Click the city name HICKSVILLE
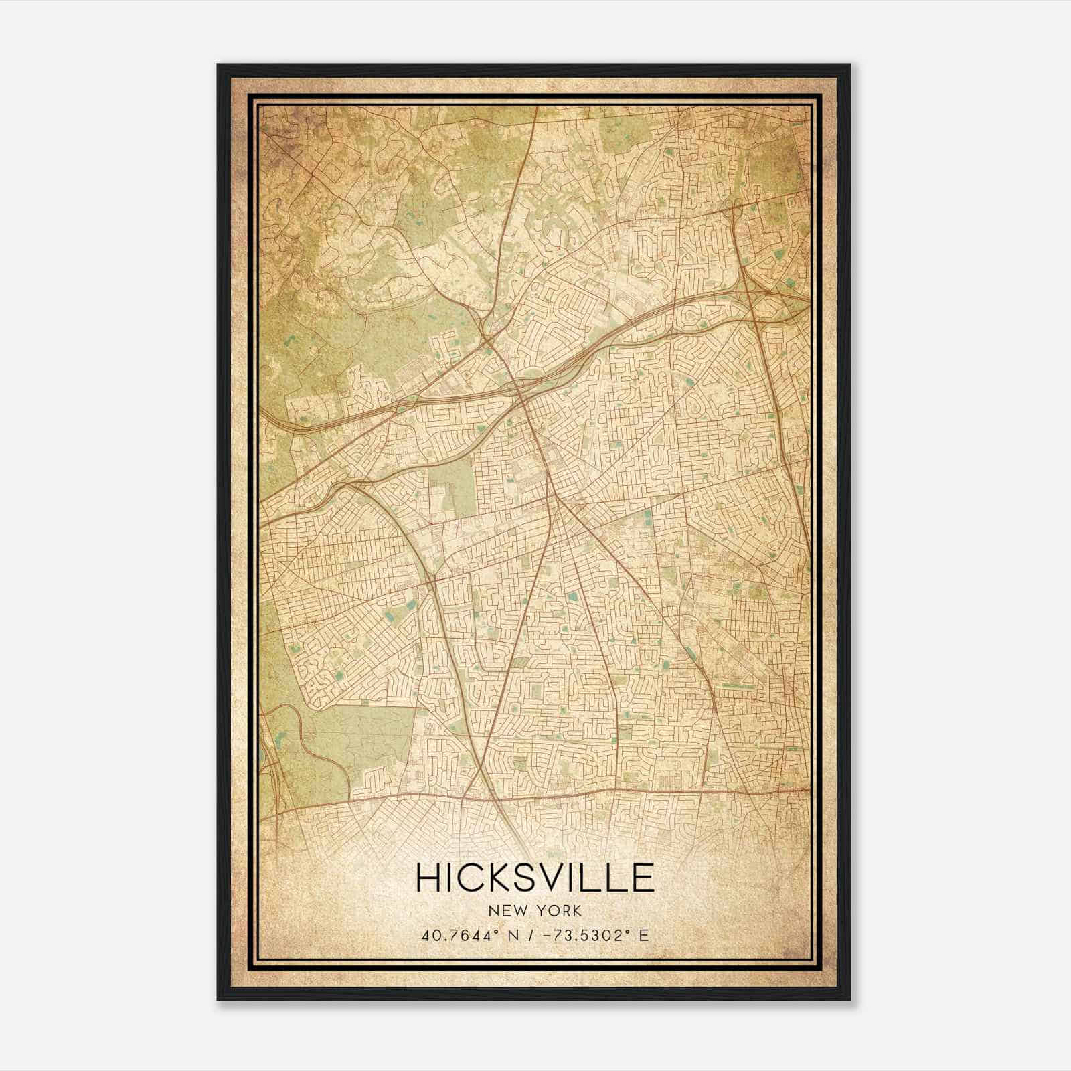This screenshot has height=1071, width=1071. [x=535, y=878]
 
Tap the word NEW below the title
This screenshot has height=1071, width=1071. [x=507, y=911]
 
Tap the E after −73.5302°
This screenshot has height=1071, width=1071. [x=644, y=935]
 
